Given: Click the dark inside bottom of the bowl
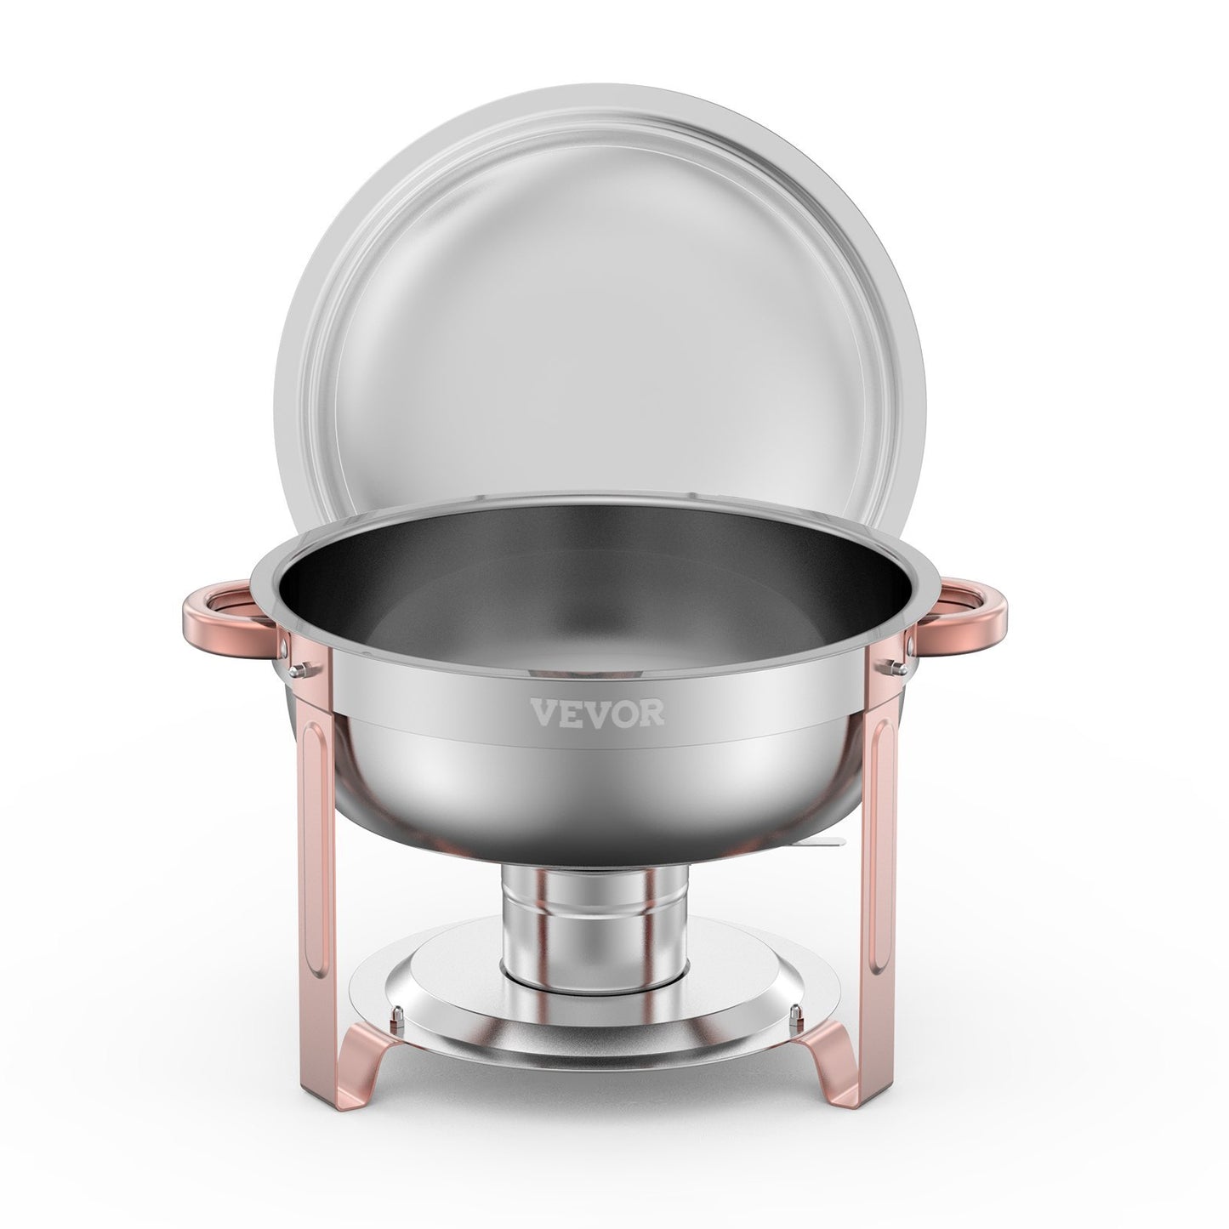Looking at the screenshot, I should tap(595, 621).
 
